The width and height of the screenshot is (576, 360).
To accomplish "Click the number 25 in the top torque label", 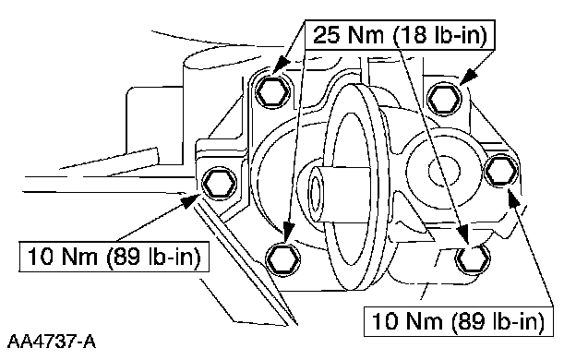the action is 328,35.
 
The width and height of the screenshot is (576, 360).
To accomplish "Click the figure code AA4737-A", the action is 52,342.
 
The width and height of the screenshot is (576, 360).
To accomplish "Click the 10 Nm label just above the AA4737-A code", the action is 114,256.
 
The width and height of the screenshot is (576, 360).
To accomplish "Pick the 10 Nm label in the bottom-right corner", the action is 458,321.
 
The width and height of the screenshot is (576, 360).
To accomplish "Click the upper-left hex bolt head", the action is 272,91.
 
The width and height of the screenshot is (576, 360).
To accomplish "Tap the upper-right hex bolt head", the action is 445,99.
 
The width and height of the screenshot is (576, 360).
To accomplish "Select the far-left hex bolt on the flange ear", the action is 220,183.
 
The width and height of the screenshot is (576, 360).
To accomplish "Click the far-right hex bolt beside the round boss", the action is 501,171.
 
